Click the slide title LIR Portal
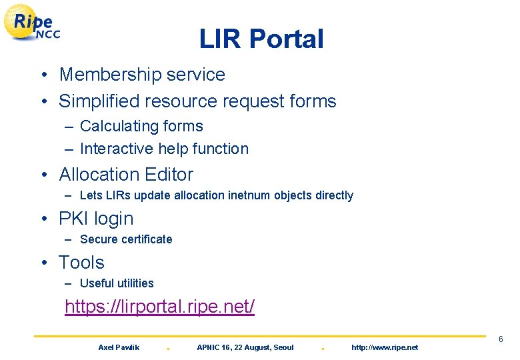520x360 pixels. coord(261,39)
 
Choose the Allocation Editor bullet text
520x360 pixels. coord(126,175)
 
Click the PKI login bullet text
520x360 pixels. coord(96,219)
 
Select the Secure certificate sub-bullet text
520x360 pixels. coord(126,239)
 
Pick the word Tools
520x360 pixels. coord(81,263)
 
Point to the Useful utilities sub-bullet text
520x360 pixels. coord(117,283)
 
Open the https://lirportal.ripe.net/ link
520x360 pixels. coord(159,307)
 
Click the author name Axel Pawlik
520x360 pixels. coord(119,347)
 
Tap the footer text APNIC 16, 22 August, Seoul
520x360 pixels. coord(245,347)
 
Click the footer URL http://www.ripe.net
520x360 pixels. coord(385,347)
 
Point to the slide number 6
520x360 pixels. coord(501,340)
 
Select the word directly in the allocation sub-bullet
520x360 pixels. coord(331,195)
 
